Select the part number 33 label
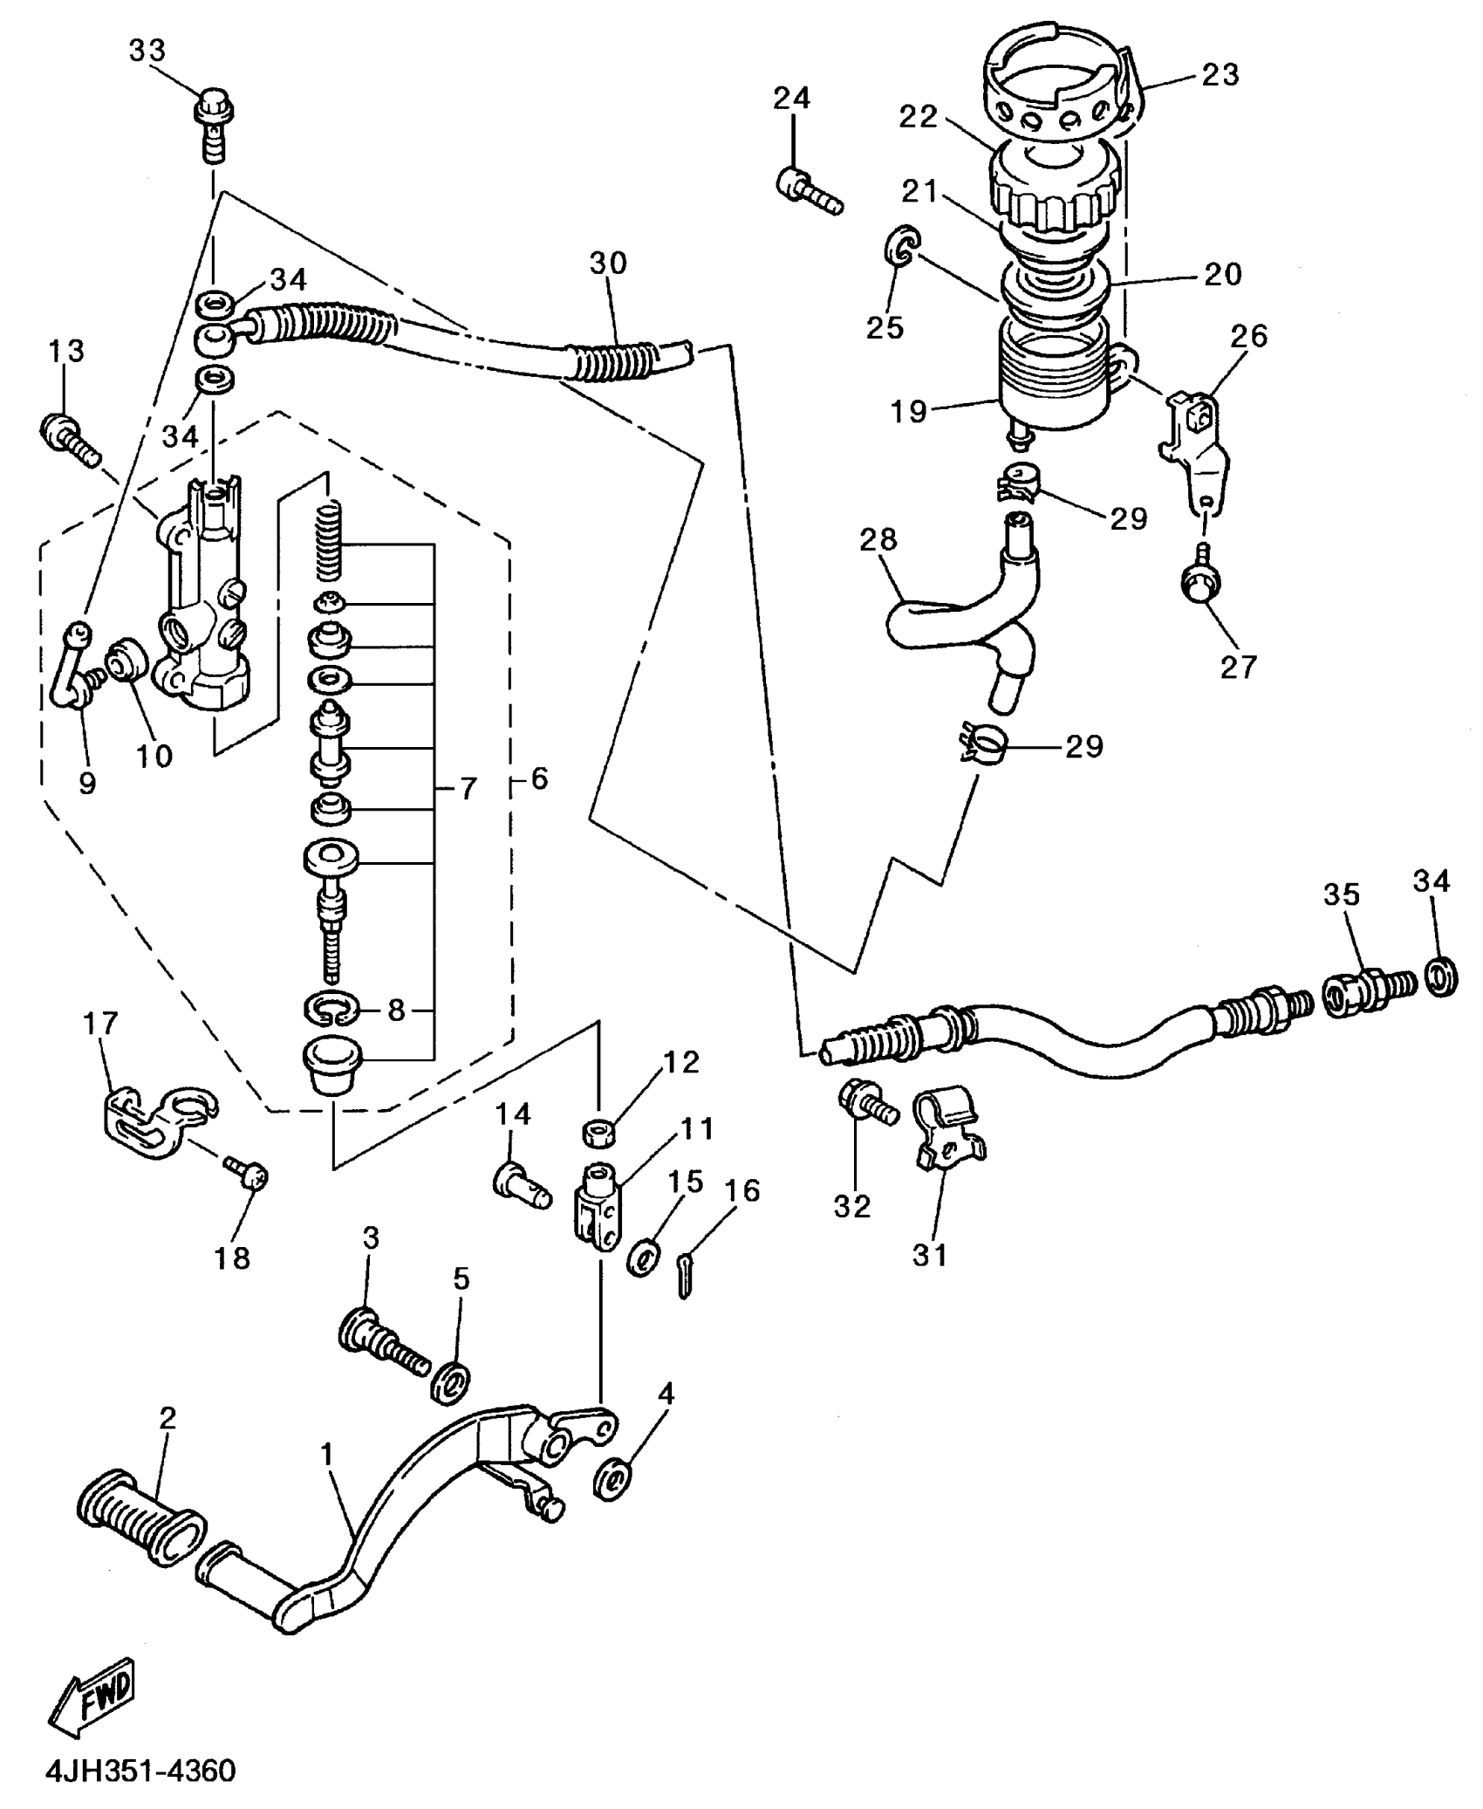pyautogui.click(x=147, y=51)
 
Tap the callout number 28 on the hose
pyautogui.click(x=878, y=540)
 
